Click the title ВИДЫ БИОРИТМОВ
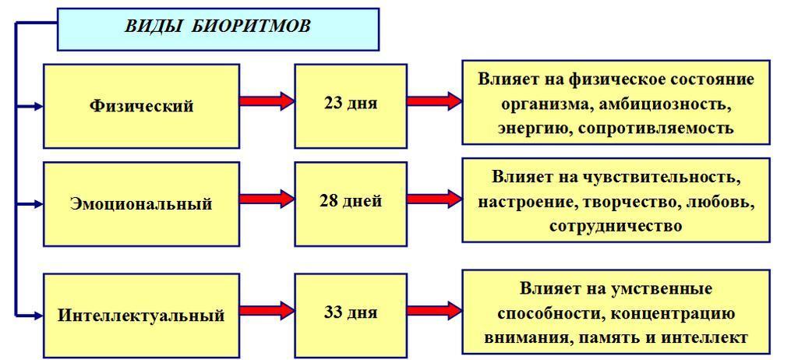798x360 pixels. click(x=217, y=26)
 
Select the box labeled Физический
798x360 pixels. click(x=141, y=106)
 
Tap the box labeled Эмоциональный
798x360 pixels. click(x=141, y=204)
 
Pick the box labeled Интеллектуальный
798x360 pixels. click(x=141, y=316)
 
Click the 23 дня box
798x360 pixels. click(x=351, y=103)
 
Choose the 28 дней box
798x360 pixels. click(x=351, y=201)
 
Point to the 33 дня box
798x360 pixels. click(x=351, y=312)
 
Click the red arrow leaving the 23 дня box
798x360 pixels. click(x=434, y=101)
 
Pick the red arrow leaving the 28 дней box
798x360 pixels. click(x=434, y=199)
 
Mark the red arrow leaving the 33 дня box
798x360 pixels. click(x=434, y=311)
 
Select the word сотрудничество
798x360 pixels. click(x=616, y=226)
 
